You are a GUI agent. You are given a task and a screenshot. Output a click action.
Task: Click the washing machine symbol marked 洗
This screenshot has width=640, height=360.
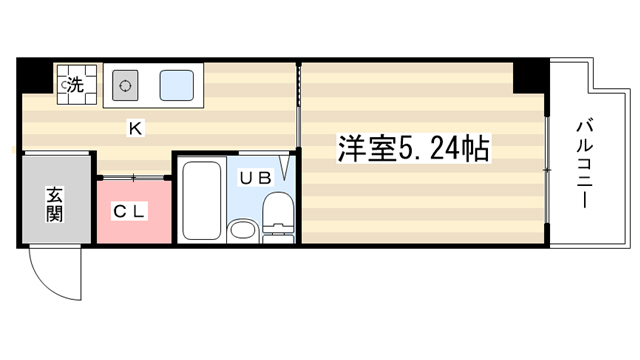click(77, 85)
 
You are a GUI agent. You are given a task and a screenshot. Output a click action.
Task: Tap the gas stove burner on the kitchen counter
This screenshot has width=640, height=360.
click(125, 86)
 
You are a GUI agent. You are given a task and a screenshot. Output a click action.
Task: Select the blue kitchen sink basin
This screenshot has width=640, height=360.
click(176, 85)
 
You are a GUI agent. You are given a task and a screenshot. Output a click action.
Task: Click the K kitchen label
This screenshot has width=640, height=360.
click(135, 129)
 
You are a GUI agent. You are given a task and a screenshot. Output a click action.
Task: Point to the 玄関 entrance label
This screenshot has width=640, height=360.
click(54, 204)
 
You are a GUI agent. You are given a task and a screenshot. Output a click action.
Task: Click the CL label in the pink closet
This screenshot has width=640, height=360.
click(129, 211)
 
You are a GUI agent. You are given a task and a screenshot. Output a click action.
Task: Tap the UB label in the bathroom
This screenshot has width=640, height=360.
click(256, 178)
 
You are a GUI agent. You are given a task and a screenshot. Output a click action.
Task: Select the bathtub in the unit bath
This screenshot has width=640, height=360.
click(202, 200)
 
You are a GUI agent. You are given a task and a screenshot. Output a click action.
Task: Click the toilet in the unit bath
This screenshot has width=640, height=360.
click(278, 211)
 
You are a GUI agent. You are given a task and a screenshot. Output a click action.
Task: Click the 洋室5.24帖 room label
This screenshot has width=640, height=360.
click(413, 149)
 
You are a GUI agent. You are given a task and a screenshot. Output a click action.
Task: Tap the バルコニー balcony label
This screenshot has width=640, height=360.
click(584, 163)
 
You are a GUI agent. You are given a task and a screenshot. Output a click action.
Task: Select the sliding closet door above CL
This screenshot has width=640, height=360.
click(133, 178)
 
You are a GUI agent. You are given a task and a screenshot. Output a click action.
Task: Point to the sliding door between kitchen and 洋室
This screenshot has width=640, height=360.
click(298, 105)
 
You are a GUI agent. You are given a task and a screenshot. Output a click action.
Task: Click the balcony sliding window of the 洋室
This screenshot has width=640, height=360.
click(547, 170)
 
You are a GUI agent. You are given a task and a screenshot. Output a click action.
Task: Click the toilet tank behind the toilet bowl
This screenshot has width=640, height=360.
click(278, 238)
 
